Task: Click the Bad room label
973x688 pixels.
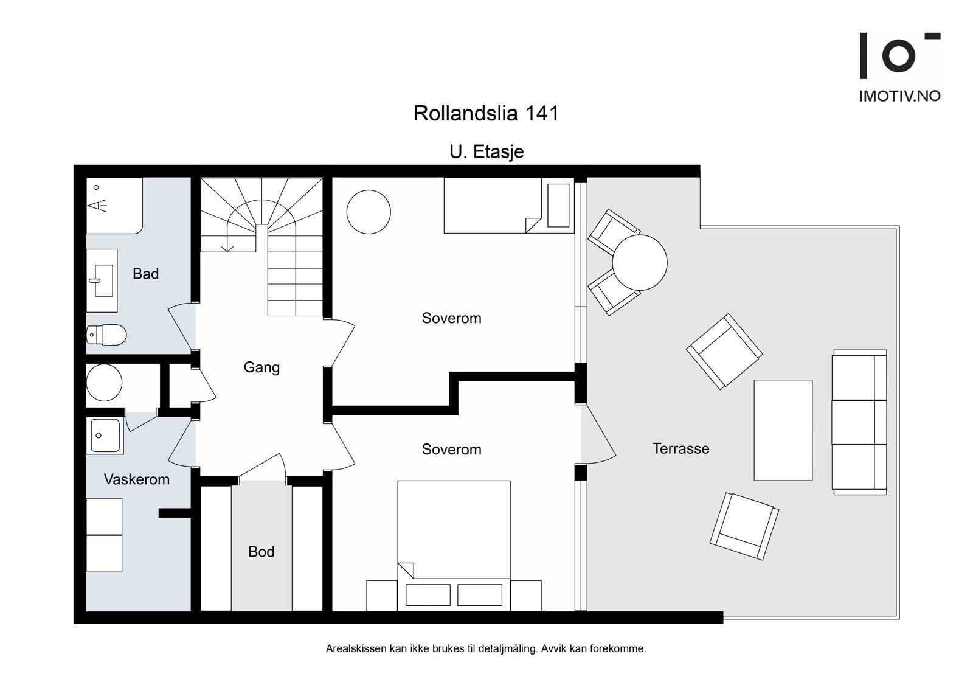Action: click(145, 274)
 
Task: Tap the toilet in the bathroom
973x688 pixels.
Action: click(106, 335)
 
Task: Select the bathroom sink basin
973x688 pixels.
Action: click(104, 280)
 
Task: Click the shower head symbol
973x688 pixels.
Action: click(98, 205)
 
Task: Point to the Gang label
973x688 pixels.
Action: click(261, 367)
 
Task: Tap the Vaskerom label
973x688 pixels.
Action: click(136, 479)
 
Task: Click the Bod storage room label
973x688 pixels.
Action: click(261, 552)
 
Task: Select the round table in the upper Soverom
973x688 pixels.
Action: click(369, 212)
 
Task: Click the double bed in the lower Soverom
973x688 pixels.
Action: click(454, 546)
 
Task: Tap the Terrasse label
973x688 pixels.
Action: click(680, 448)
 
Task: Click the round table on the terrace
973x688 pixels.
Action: click(639, 263)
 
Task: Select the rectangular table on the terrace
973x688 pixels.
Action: click(783, 430)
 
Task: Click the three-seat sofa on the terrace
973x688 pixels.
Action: click(859, 422)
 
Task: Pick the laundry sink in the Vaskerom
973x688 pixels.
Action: click(105, 436)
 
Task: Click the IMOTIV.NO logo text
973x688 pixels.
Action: click(899, 96)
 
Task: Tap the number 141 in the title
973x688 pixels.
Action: click(542, 113)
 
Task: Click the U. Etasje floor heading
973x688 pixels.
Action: click(486, 151)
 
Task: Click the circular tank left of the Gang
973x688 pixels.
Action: click(104, 383)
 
